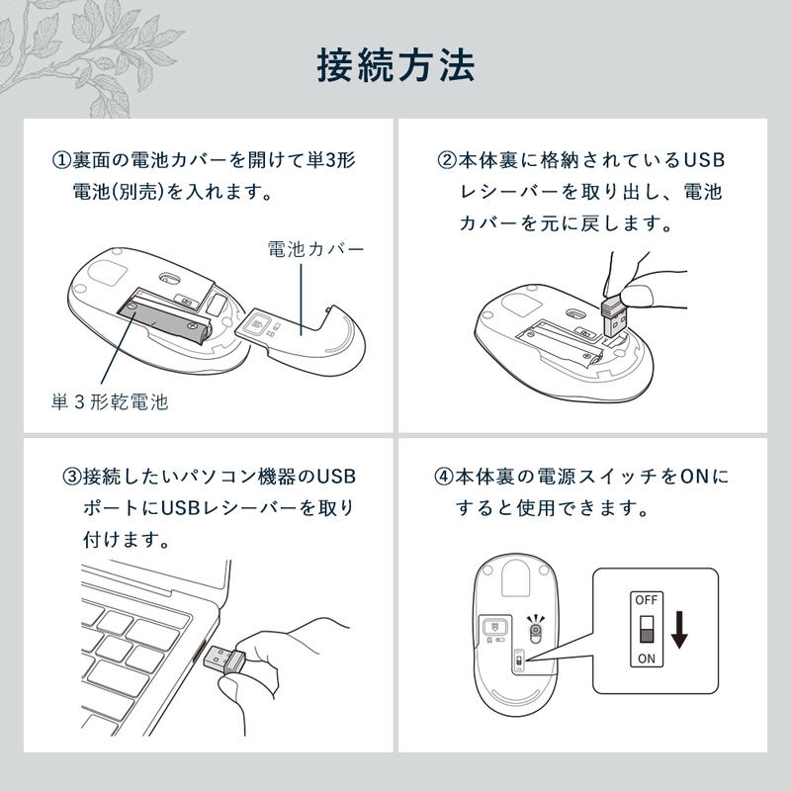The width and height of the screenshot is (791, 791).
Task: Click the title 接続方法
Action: click(x=396, y=65)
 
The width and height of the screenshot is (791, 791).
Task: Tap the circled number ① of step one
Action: click(x=61, y=161)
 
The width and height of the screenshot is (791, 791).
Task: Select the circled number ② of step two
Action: click(x=447, y=161)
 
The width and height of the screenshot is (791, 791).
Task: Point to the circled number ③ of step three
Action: click(x=72, y=477)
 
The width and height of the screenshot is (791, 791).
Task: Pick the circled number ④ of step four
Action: click(x=443, y=477)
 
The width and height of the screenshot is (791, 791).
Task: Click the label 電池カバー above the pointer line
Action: click(x=315, y=249)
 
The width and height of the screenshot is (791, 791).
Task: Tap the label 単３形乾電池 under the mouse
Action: click(x=110, y=402)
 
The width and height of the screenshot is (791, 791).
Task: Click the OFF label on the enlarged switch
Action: click(x=647, y=600)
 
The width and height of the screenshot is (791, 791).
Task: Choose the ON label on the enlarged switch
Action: click(x=647, y=659)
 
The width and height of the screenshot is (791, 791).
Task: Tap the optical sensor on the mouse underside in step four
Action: click(x=535, y=630)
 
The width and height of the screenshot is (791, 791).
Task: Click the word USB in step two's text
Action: click(x=704, y=161)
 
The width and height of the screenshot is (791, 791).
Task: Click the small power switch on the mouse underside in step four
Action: click(x=518, y=659)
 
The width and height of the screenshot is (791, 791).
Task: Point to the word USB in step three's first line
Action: click(x=336, y=477)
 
